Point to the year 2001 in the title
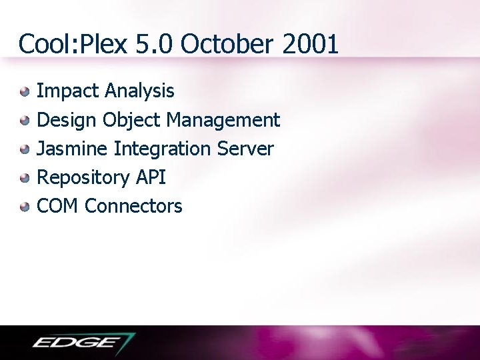310,45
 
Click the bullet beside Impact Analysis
25,91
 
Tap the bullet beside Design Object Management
25,121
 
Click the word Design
67,120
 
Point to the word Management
223,120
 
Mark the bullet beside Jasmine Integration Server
25,149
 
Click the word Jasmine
73,149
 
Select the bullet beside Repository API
25,178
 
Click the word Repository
83,178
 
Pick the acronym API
151,177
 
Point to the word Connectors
133,206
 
